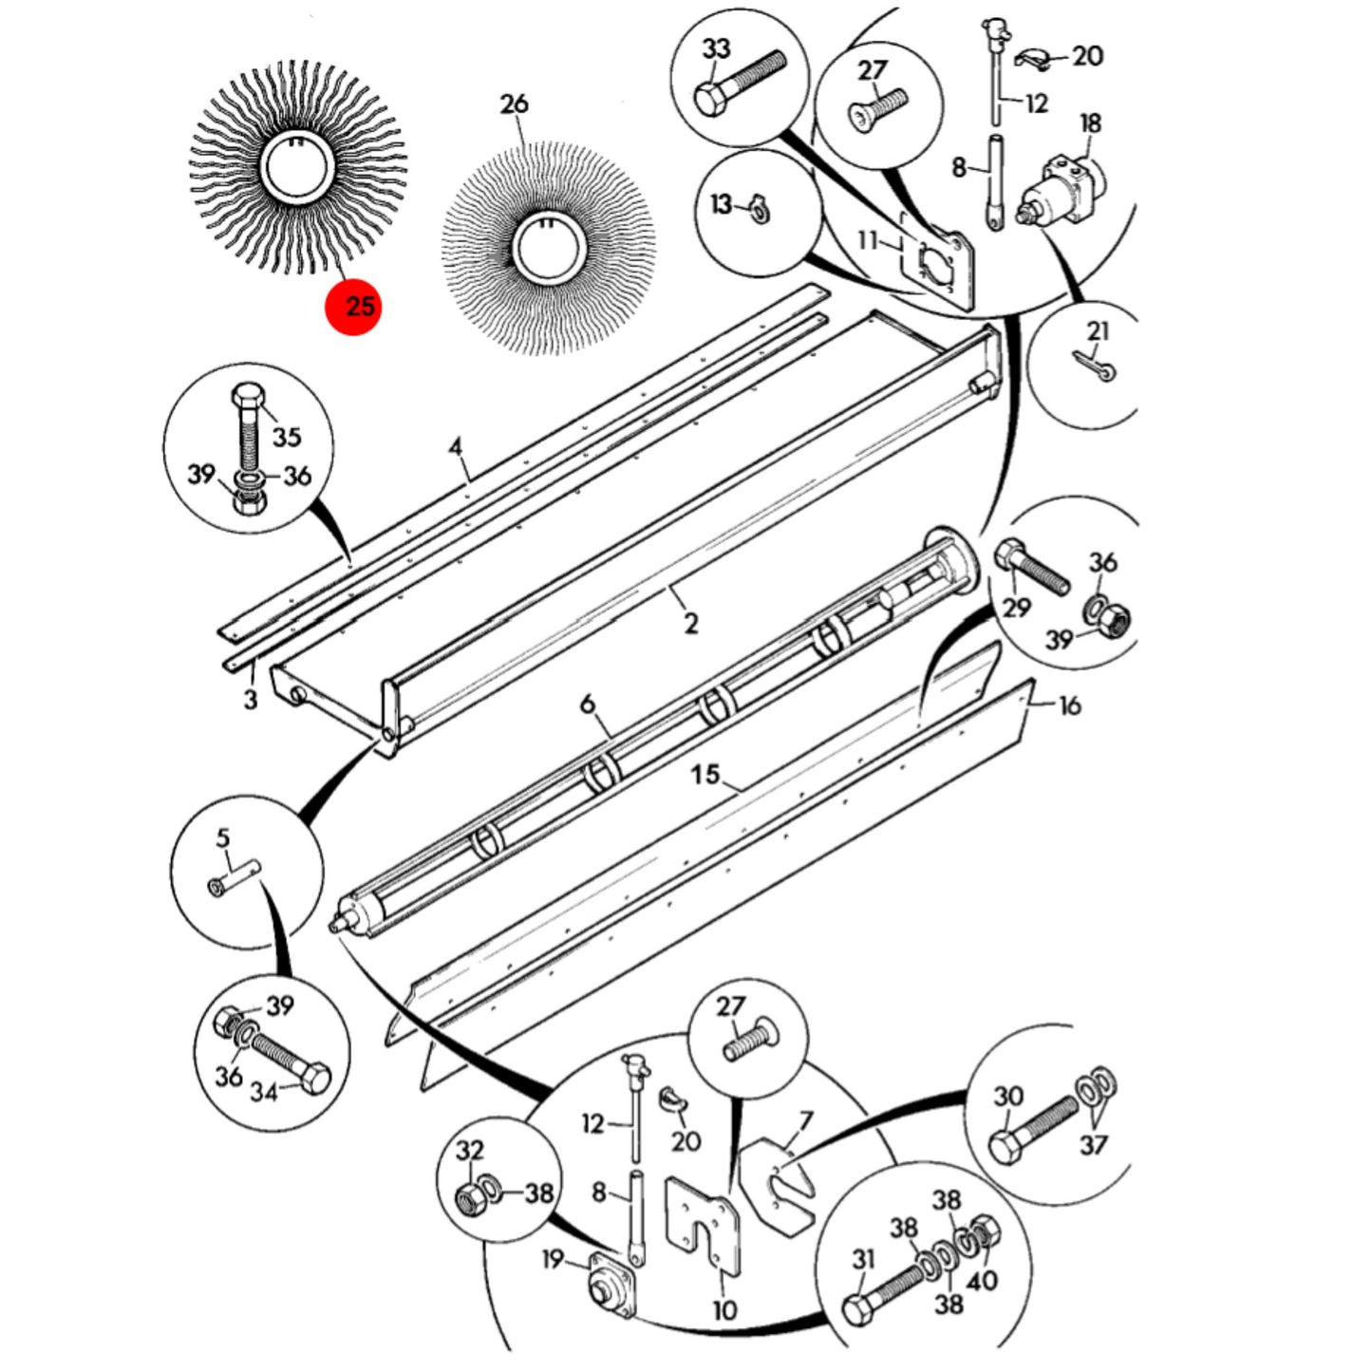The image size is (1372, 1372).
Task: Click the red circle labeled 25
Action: click(354, 306)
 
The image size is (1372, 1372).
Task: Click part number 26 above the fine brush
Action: click(514, 104)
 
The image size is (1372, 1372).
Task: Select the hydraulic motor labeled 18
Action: click(1061, 189)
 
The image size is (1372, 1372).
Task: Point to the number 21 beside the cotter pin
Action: click(1098, 331)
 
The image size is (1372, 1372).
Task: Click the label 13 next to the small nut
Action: click(722, 205)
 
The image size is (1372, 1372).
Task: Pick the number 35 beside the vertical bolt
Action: click(287, 437)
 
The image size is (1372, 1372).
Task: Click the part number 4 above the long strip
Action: click(455, 448)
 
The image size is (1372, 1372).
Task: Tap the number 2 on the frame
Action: click(690, 624)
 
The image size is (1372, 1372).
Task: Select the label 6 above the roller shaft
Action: click(588, 705)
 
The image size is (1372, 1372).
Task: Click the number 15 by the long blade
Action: click(705, 774)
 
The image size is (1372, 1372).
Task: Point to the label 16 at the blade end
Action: click(1070, 705)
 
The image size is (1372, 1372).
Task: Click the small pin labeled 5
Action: click(235, 877)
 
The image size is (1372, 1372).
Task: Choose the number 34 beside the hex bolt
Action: click(263, 1092)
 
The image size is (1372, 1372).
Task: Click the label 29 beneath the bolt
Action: click(1017, 608)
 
